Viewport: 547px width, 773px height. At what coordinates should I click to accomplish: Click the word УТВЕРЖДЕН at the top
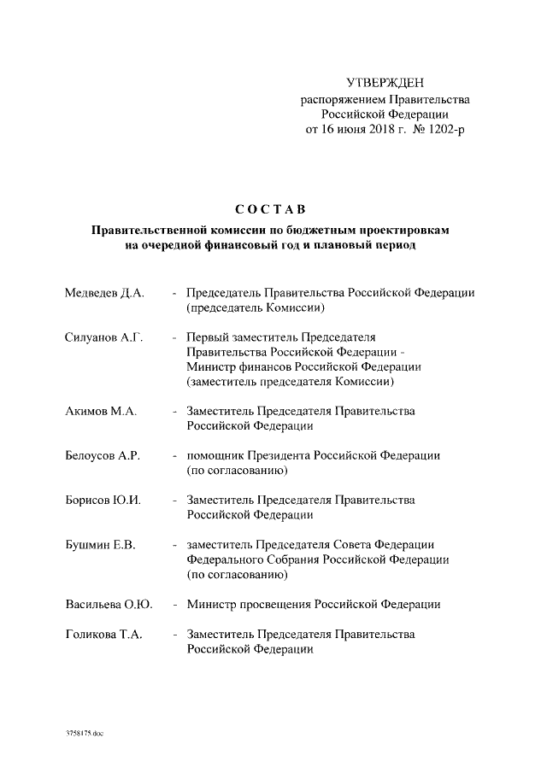[x=384, y=83]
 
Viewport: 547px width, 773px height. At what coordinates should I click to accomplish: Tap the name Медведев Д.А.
[x=104, y=293]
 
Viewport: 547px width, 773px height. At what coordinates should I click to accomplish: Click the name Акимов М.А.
[x=101, y=411]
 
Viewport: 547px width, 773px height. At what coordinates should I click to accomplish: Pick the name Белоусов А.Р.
[x=103, y=456]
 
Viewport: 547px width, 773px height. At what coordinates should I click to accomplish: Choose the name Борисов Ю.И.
[x=103, y=501]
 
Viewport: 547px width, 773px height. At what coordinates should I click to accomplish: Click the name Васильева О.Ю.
[x=109, y=605]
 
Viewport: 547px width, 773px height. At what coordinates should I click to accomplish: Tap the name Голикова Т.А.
[x=103, y=635]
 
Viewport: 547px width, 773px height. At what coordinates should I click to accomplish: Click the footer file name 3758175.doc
[x=84, y=734]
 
